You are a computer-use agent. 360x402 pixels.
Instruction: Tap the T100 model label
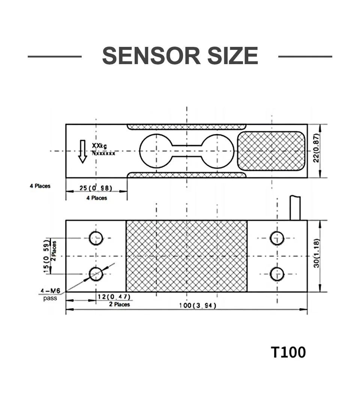pos(288,352)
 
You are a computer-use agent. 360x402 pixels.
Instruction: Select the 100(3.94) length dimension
pos(197,306)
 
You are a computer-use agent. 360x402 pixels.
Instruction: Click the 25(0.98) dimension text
pos(96,187)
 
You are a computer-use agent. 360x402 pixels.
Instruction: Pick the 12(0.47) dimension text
pos(114,297)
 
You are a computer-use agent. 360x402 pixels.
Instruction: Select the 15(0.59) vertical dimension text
pos(46,256)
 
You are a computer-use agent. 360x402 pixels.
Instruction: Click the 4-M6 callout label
pos(50,290)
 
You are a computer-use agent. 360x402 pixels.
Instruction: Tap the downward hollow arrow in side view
pos(82,151)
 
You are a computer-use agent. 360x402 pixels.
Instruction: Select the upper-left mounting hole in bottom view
pos(96,238)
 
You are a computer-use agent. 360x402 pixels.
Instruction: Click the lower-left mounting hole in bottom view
pos(96,274)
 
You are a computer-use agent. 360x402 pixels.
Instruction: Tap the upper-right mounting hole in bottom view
pos(277,238)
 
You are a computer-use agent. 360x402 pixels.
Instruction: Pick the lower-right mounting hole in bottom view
pos(277,274)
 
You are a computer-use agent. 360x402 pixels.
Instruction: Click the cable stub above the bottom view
pos(295,207)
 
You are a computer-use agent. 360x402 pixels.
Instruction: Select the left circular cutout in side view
pos(156,151)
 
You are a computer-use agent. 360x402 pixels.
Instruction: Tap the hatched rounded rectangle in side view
pos(271,151)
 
